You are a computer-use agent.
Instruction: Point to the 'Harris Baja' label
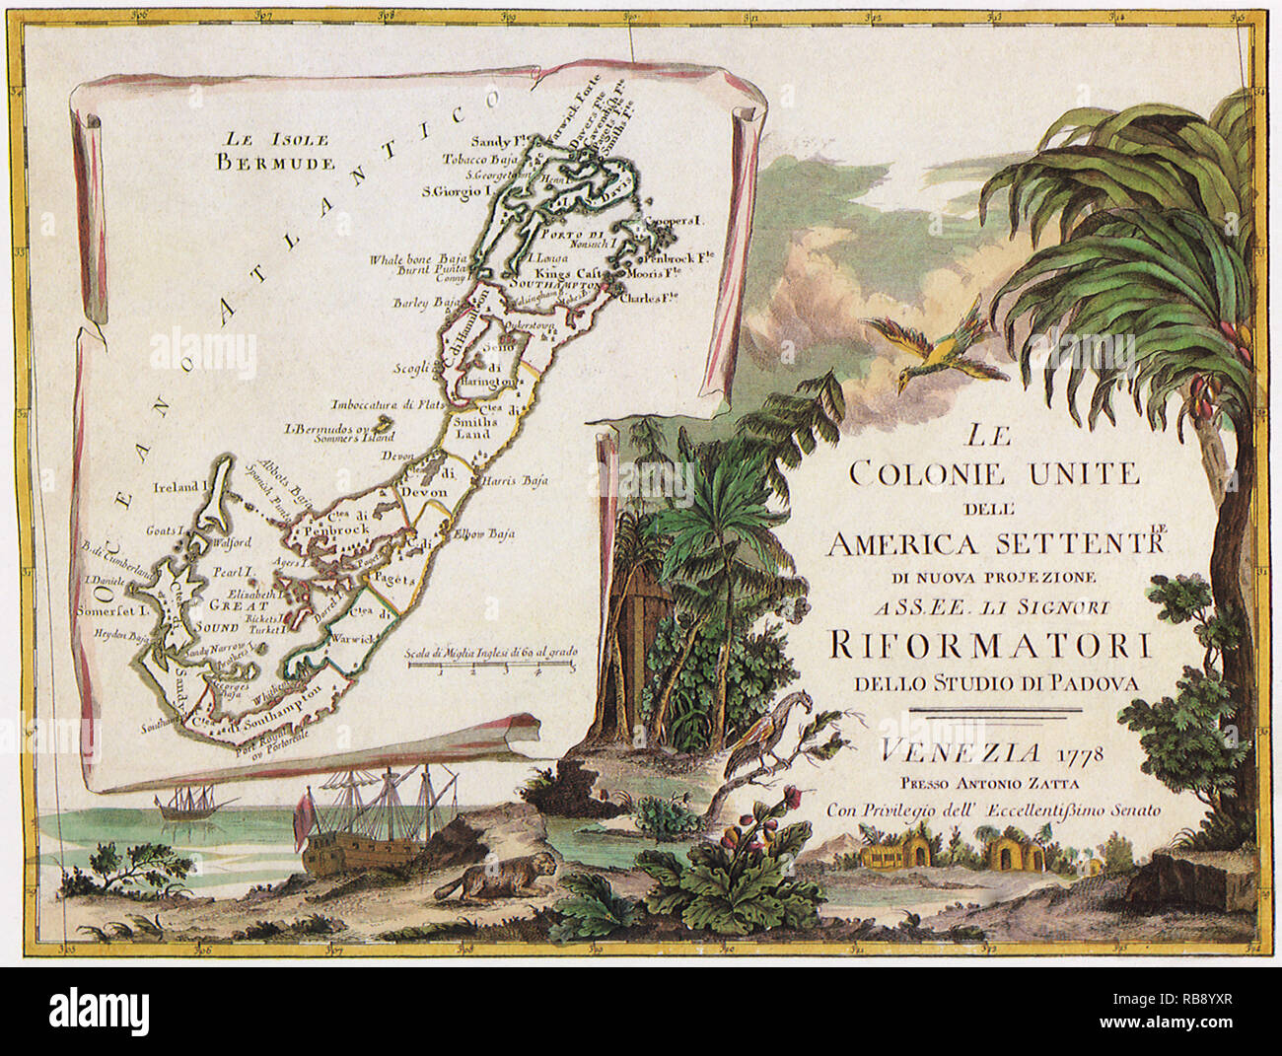[514, 482]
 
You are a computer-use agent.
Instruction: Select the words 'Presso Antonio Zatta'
[988, 786]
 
